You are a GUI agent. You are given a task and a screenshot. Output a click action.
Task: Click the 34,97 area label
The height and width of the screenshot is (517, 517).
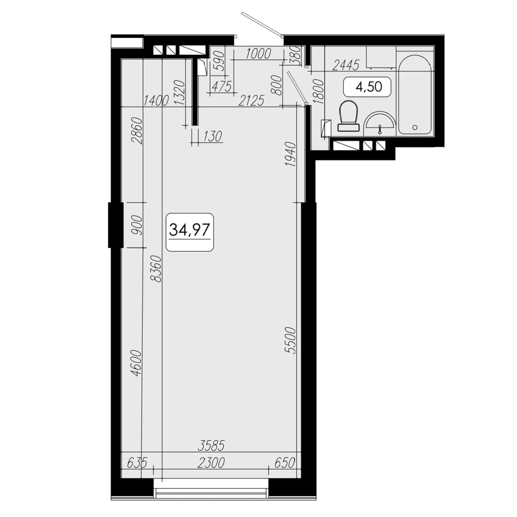pos(190,230)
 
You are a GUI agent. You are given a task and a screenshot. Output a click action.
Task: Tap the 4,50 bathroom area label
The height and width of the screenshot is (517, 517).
pos(369,87)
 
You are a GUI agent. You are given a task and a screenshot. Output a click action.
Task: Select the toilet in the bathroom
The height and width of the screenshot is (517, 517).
pos(349,116)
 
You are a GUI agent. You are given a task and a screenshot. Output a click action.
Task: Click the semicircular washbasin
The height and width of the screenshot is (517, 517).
pos(380,124)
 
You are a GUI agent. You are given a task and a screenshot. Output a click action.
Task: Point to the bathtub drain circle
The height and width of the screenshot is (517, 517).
pos(415,128)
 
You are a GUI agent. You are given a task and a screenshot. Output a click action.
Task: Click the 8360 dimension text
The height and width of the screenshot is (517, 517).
pos(157,269)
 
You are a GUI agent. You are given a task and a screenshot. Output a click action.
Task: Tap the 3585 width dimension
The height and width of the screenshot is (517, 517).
pos(211,446)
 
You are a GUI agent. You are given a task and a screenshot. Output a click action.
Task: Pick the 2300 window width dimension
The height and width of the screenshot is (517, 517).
pos(211,463)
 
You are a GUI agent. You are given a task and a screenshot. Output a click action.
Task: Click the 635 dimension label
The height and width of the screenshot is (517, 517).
pos(137,463)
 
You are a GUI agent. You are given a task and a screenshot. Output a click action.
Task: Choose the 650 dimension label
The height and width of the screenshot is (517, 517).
pos(285,463)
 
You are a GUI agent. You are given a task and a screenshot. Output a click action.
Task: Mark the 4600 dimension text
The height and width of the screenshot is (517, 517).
pos(137,363)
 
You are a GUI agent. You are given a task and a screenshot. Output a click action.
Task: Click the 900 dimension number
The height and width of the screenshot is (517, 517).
pos(137,225)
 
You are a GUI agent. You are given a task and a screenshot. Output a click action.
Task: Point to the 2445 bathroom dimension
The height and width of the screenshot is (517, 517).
pos(345,66)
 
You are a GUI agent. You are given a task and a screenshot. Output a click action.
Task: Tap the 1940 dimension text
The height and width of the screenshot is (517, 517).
pos(291,154)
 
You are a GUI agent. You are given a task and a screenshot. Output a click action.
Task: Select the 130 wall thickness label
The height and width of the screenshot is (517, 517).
pos(213,136)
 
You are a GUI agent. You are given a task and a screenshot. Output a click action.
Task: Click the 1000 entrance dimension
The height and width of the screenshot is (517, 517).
pos(258,54)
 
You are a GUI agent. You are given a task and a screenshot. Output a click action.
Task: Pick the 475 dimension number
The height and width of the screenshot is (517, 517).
pos(222,87)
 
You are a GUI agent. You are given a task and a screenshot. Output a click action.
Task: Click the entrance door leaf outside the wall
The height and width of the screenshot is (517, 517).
pos(262,24)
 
